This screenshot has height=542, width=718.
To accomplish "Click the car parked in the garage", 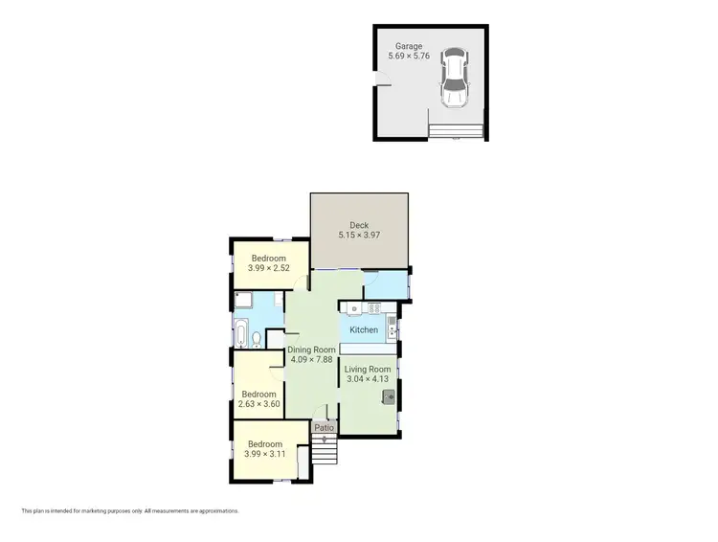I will [x=454, y=79].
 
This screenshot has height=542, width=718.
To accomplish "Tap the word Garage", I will [x=411, y=45].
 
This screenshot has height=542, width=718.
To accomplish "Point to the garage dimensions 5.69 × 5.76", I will [x=411, y=56].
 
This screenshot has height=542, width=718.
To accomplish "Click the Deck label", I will [x=359, y=226].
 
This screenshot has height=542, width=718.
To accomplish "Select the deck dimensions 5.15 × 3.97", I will [x=359, y=237].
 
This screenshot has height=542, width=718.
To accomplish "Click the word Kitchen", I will [x=364, y=330].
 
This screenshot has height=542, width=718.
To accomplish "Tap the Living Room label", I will [x=368, y=370].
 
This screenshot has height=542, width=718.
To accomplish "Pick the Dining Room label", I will [x=311, y=350].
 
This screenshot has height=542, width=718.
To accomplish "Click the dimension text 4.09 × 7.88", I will [x=311, y=360].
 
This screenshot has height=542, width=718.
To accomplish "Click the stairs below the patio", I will [x=325, y=450].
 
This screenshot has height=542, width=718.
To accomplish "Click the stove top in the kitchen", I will [x=375, y=308].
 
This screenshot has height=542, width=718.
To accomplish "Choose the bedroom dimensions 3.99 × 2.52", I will [x=269, y=269].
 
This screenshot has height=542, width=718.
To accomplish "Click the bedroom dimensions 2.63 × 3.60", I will [x=258, y=404].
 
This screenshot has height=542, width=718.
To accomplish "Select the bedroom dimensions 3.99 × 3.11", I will [x=265, y=455].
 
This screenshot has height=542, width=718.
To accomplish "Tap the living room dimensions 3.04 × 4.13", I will [x=368, y=380].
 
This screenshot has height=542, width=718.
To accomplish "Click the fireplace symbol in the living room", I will [x=389, y=396].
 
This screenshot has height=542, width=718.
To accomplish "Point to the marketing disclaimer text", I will [x=130, y=511].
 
